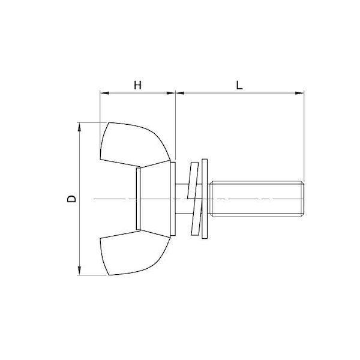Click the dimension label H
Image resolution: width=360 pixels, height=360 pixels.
coord(137,85)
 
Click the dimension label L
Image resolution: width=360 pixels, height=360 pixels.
coord(239,85)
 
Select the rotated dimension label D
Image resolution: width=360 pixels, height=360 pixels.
coord(71,199)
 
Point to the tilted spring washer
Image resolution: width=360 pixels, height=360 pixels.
coord(194,199)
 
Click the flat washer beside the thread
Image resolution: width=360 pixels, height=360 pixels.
coord(205,199)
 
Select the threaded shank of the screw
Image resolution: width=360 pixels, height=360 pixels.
coord(257,199)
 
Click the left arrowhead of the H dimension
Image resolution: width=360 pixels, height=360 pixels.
coord(104,93)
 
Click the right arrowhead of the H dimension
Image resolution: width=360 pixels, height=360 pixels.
coord(171,93)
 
